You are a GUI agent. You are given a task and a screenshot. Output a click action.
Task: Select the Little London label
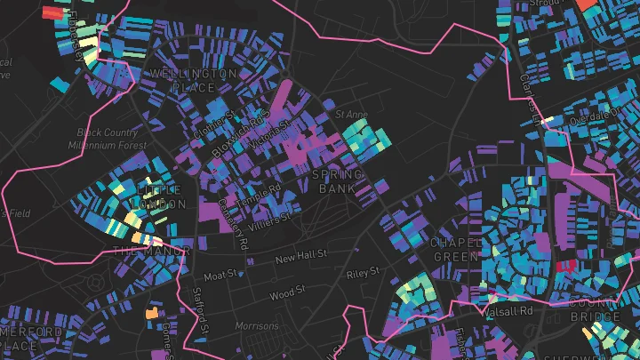[157, 196]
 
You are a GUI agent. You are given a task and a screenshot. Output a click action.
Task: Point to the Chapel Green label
[456, 250]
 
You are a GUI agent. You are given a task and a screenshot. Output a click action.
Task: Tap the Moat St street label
[221, 265]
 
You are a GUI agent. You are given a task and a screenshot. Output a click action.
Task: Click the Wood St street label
[288, 292]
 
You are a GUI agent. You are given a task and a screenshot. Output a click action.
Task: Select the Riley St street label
[364, 272]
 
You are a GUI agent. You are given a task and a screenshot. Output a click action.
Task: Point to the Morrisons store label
[257, 326]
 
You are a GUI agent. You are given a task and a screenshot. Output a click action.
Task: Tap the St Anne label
[351, 115]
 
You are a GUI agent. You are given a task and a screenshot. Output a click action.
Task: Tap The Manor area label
[151, 251]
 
